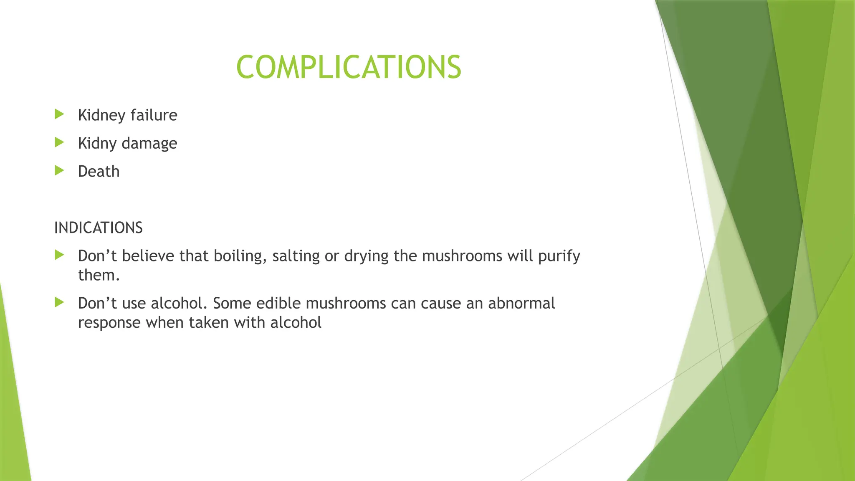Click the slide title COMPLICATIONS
pos(349,67)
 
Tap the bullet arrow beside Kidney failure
pos(59,114)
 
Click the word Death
pos(99,172)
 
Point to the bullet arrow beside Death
pos(59,170)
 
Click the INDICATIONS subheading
pos(99,228)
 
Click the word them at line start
pos(99,276)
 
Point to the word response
pos(109,323)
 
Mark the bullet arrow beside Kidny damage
pos(59,142)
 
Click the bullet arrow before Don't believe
pos(59,255)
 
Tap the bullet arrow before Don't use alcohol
pos(59,302)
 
